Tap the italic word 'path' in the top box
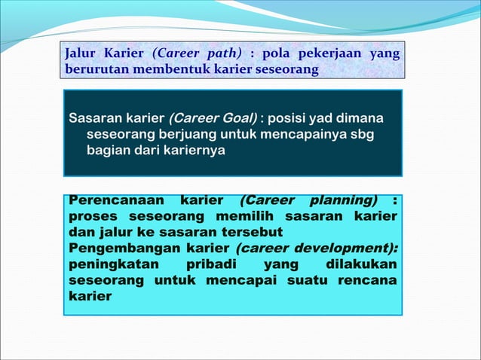click(225, 55)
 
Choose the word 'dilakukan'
click(363, 264)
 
